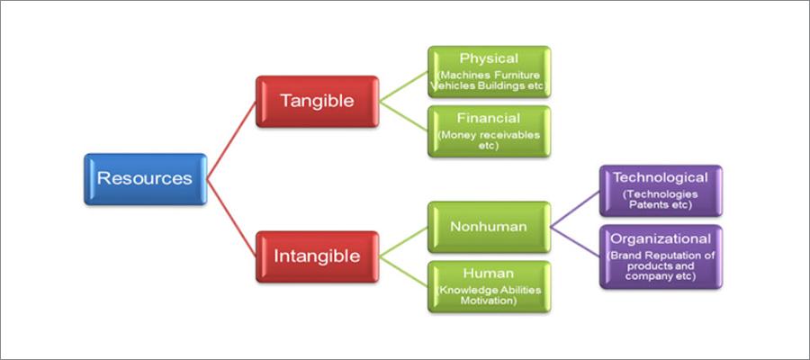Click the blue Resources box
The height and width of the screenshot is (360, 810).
pos(145,178)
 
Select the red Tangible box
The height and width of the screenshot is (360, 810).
pos(316,101)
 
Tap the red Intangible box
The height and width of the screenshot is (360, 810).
pos(316,256)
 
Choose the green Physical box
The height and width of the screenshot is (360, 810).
pos(489,72)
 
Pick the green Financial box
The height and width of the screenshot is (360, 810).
pos(489,131)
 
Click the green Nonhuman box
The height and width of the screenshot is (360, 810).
pos(489,226)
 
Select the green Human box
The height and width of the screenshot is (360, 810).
pos(489,286)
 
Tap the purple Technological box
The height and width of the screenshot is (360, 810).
pos(661,190)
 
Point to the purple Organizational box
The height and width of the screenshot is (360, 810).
pos(661,256)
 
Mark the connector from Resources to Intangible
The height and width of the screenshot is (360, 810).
pos(231,217)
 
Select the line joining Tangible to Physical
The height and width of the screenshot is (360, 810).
pos(402,86)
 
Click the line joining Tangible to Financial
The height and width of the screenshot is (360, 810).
pos(402,116)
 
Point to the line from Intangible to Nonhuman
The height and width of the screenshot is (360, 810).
pos(402,241)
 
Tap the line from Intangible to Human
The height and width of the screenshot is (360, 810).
pos(402,271)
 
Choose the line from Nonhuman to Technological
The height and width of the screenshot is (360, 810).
pos(575,208)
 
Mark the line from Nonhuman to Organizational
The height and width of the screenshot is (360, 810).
pos(575,241)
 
